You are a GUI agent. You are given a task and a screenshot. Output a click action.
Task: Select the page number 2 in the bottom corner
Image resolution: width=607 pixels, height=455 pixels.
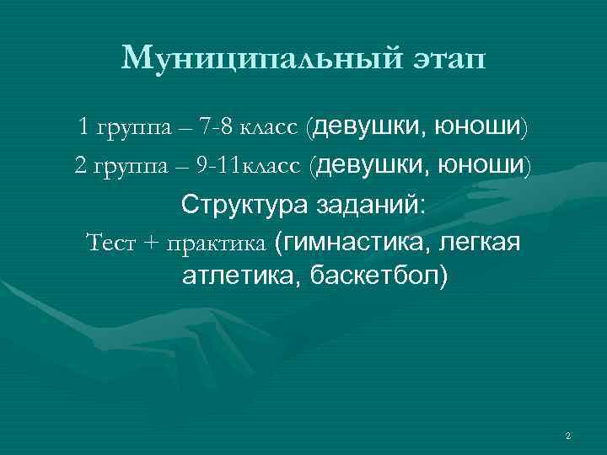point(568,436)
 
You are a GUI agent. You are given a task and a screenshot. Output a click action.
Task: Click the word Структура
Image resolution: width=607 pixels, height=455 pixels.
point(244,205)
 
